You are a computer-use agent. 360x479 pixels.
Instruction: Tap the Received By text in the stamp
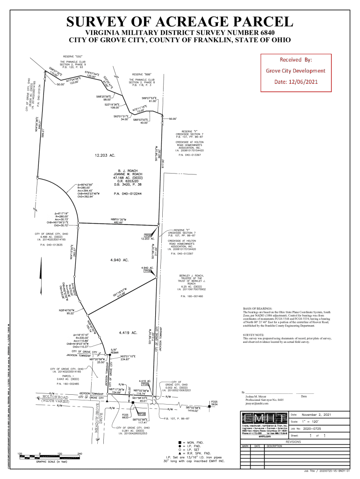(x=295, y=60)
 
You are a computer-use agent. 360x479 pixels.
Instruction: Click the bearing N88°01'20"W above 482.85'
(x=121, y=218)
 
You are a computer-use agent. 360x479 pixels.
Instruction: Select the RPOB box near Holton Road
(x=141, y=414)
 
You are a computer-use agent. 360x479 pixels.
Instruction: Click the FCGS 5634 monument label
(x=215, y=403)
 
